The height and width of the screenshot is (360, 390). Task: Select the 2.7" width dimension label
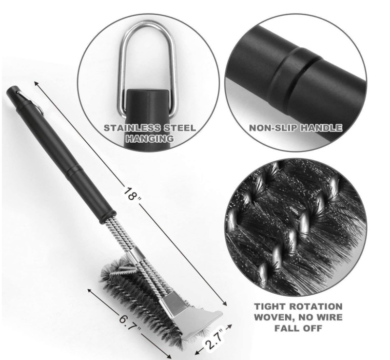[214, 339]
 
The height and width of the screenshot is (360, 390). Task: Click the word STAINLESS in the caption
[132, 128]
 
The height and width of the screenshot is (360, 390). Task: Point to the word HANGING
[150, 138]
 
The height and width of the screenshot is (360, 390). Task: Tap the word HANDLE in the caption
[321, 128]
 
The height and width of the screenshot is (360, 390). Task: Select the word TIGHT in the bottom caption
[270, 306]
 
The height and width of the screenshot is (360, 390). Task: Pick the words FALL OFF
[298, 328]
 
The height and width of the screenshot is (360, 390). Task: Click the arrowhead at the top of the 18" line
[37, 83]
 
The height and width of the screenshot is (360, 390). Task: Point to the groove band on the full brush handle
[74, 171]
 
